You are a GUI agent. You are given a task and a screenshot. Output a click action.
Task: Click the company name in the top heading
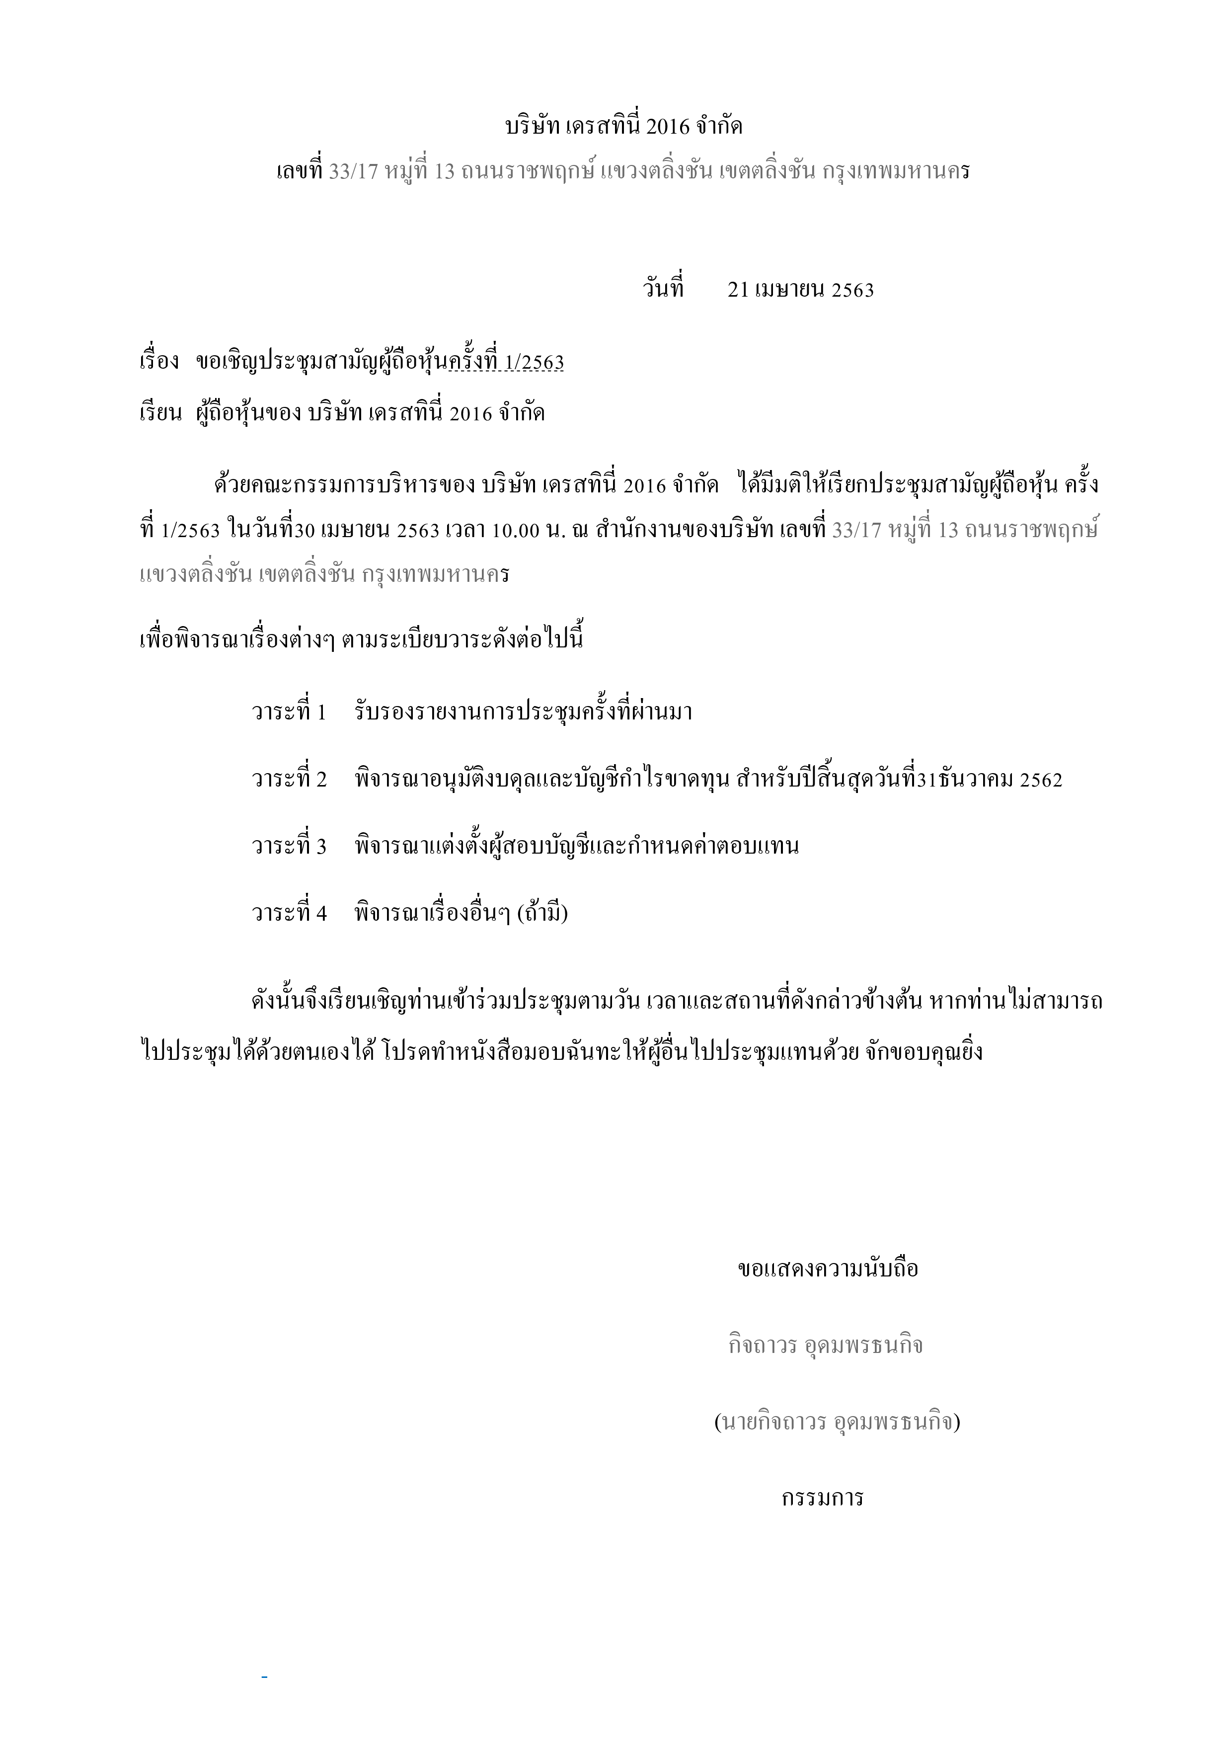623,127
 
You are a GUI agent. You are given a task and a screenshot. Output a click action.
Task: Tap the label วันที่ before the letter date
664,289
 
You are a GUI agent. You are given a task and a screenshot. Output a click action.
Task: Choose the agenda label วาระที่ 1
289,712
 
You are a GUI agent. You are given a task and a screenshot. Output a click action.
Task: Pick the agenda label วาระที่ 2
289,779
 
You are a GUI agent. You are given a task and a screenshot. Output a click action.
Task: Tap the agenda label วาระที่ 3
289,846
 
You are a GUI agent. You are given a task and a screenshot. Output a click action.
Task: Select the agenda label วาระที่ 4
289,913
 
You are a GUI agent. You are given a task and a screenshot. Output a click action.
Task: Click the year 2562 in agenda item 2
1041,780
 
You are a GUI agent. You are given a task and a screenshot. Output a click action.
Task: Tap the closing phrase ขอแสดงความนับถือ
828,1268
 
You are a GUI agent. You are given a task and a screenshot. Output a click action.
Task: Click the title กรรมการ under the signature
823,1498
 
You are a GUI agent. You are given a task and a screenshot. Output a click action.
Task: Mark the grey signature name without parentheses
825,1345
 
